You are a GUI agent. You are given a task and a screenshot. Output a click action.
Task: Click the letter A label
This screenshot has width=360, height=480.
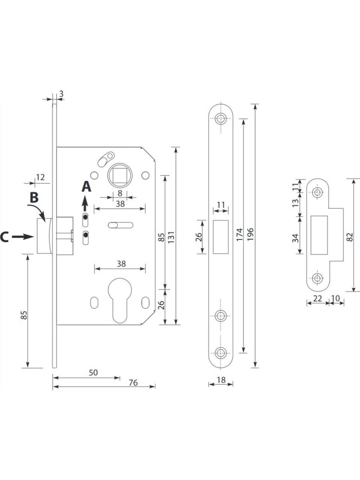coord(87,186)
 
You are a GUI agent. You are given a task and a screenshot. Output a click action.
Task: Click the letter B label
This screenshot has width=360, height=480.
coord(34,197)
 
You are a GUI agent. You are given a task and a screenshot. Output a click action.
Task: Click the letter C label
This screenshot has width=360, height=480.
coord(4,237)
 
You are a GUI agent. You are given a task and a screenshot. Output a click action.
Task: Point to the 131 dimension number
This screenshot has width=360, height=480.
coord(172,237)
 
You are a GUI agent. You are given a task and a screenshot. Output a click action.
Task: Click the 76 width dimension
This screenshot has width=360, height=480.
coord(133,382)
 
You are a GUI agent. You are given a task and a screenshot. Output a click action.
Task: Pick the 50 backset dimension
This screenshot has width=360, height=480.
coord(93,372)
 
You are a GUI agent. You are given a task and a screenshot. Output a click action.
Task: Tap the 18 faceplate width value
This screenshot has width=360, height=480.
coord(221,379)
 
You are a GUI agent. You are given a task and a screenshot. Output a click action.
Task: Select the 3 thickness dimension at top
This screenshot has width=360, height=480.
coord(60,93)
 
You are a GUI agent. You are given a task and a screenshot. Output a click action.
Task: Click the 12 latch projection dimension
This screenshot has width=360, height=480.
coord(40,177)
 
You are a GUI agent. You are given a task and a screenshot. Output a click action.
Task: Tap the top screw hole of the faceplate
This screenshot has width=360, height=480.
coord(221,119)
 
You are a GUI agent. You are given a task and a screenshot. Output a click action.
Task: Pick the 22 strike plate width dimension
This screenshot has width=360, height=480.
coord(318,298)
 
